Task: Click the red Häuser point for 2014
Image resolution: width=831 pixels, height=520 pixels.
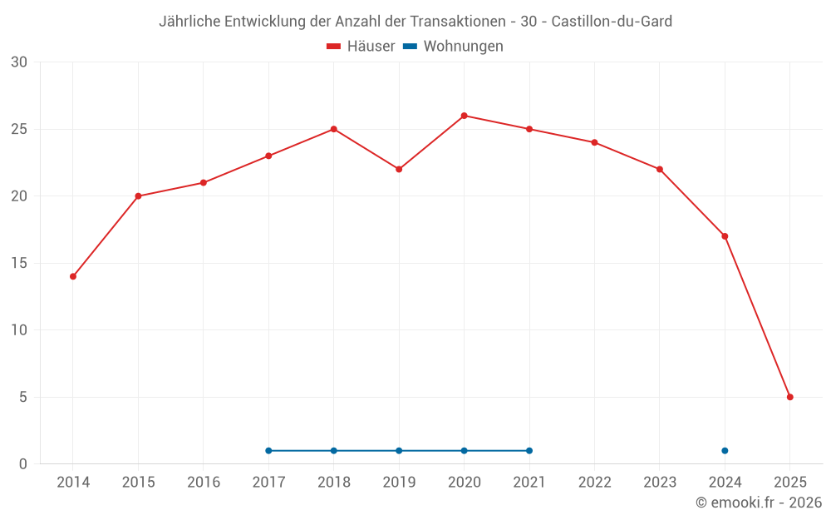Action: click(x=73, y=276)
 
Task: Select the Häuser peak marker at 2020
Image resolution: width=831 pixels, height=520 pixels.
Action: click(x=464, y=116)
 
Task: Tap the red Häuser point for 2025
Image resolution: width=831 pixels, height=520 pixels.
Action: click(x=789, y=397)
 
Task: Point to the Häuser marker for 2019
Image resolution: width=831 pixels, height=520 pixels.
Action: click(x=399, y=169)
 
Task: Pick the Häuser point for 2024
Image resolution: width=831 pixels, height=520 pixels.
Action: click(x=725, y=236)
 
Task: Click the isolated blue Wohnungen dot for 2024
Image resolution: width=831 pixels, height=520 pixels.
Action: click(x=725, y=451)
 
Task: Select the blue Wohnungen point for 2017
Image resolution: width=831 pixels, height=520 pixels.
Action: click(x=268, y=451)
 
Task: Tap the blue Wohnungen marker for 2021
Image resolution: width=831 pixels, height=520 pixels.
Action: click(x=529, y=451)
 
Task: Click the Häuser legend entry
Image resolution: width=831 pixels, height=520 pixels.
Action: click(x=361, y=47)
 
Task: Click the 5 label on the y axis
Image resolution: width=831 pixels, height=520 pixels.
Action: click(x=23, y=397)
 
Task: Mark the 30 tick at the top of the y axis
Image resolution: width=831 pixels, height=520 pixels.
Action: click(x=18, y=62)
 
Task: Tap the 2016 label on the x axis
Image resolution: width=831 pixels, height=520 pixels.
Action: click(x=204, y=483)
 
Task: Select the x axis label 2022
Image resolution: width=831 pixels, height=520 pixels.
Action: click(x=594, y=483)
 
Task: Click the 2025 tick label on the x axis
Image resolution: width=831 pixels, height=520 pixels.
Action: click(x=789, y=483)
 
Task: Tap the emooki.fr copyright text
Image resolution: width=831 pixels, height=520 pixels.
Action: click(x=758, y=503)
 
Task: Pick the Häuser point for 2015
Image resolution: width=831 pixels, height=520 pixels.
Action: click(x=138, y=196)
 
